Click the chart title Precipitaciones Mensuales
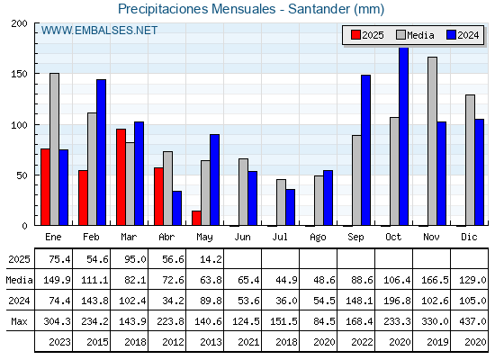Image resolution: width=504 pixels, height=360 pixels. pyautogui.click(x=197, y=9)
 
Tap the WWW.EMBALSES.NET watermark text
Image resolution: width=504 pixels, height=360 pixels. pyautogui.click(x=99, y=31)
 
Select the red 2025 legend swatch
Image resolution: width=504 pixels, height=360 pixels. pyautogui.click(x=355, y=35)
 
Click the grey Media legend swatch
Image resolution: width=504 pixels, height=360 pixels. pyautogui.click(x=400, y=35)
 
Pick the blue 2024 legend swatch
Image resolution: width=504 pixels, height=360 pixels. pyautogui.click(x=451, y=35)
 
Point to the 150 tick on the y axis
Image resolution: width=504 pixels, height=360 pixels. pyautogui.click(x=19, y=74)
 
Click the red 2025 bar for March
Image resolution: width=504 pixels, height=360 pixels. pyautogui.click(x=121, y=177)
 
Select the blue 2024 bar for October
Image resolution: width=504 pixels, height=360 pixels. pyautogui.click(x=404, y=137)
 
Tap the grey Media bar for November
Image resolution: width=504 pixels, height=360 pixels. pyautogui.click(x=432, y=141)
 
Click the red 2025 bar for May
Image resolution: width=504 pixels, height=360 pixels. pyautogui.click(x=196, y=218)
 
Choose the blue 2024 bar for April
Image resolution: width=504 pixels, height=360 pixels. pyautogui.click(x=176, y=208)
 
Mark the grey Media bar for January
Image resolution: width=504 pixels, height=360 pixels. pyautogui.click(x=54, y=149)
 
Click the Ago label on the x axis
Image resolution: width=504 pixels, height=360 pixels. pyautogui.click(x=318, y=238)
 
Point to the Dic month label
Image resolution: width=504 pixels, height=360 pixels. pyautogui.click(x=469, y=237)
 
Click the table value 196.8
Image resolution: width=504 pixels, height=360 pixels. pyautogui.click(x=396, y=301)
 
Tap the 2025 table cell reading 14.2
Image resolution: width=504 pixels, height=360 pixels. pyautogui.click(x=211, y=259)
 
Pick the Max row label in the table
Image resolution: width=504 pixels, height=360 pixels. pyautogui.click(x=19, y=321)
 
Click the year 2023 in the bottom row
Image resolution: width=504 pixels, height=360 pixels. pyautogui.click(x=59, y=342)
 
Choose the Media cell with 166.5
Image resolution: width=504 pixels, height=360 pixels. pyautogui.click(x=434, y=280)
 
